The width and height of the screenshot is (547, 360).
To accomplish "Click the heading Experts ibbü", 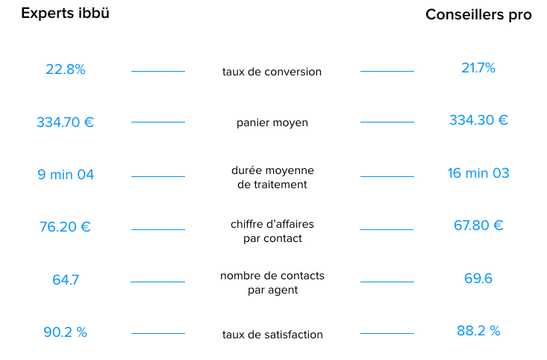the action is click(65, 13).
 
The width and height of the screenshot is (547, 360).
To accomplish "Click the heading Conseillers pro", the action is click(478, 15).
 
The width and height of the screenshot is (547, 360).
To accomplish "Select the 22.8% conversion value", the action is click(66, 69).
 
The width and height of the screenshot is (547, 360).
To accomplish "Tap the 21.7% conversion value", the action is click(478, 68).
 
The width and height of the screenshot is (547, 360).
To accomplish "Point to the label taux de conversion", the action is click(272, 72).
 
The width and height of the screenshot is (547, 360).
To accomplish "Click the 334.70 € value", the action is click(65, 122).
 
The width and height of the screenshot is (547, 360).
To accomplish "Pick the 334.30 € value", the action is click(478, 120).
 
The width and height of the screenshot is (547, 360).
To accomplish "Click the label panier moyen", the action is click(272, 123).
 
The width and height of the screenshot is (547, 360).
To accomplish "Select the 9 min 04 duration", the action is click(66, 175).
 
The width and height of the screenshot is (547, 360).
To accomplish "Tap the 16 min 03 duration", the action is click(478, 173).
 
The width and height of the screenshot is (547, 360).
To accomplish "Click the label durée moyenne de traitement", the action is click(272, 177).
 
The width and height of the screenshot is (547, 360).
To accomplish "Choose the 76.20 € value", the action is click(65, 227).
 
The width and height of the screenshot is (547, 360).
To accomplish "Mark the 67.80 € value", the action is click(478, 226).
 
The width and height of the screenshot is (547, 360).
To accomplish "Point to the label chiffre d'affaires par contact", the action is click(272, 231).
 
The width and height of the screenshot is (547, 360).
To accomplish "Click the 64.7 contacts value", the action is click(66, 279).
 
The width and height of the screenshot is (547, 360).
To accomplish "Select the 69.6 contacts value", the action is click(478, 279).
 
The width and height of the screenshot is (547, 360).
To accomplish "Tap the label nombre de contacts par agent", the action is click(272, 283).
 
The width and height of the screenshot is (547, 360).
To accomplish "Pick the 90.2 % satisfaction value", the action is click(65, 332).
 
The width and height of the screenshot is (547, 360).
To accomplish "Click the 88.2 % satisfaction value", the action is click(478, 331).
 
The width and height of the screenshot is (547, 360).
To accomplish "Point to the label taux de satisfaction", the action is click(272, 335).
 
